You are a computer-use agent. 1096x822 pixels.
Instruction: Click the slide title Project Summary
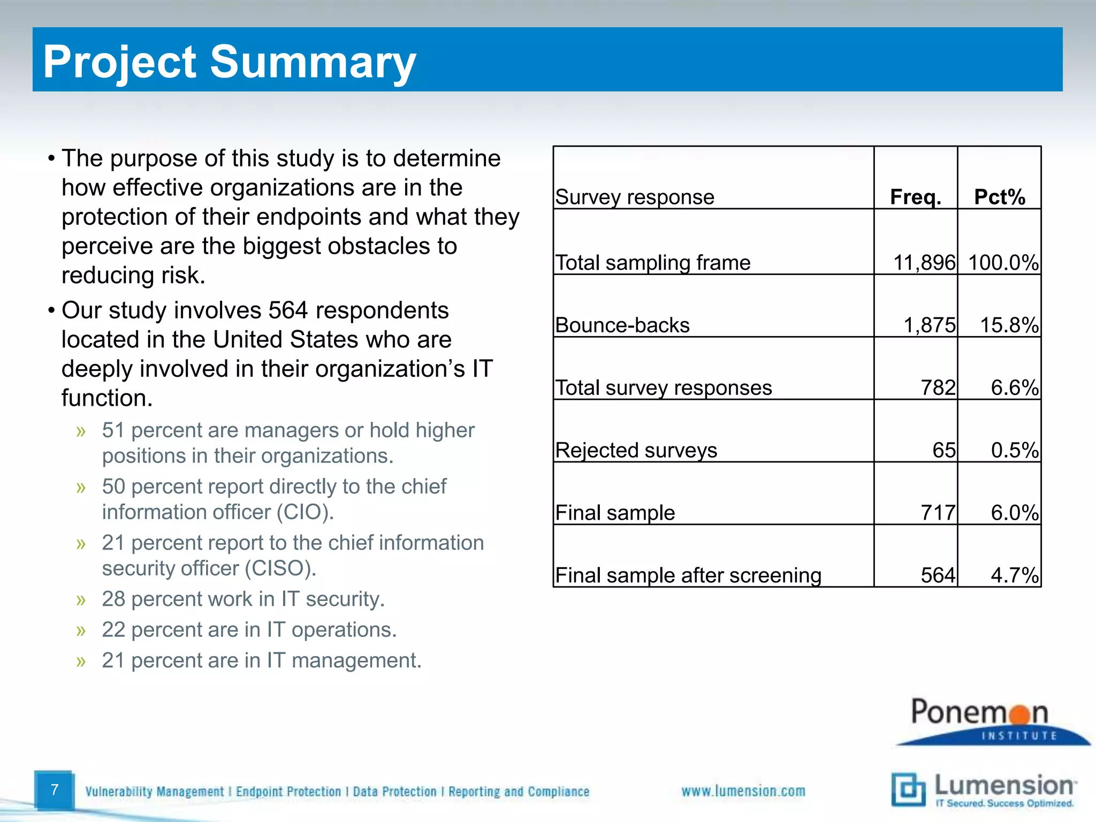[229, 62]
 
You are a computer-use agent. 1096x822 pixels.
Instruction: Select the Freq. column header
[915, 197]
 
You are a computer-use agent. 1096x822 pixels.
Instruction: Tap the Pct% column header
[999, 197]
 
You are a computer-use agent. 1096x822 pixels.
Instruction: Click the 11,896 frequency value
[924, 263]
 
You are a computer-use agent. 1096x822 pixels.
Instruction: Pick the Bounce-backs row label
[622, 325]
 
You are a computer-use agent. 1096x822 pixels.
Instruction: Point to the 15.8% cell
[1009, 325]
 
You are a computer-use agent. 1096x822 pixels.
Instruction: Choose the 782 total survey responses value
[938, 387]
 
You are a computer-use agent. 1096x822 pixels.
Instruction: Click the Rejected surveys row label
[636, 450]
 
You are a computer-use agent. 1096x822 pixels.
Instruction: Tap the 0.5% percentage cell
[1015, 450]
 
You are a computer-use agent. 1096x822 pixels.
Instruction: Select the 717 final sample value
[938, 513]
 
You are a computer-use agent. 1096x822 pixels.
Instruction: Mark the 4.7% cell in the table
[1015, 575]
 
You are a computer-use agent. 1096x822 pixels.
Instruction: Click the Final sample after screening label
[688, 575]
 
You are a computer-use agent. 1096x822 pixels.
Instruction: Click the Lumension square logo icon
[908, 789]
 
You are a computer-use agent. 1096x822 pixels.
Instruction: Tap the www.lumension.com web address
[743, 791]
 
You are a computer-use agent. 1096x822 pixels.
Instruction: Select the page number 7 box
[54, 790]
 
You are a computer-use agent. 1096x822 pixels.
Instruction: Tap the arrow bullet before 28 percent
[81, 600]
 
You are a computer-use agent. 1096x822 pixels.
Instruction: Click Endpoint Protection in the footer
[288, 791]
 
